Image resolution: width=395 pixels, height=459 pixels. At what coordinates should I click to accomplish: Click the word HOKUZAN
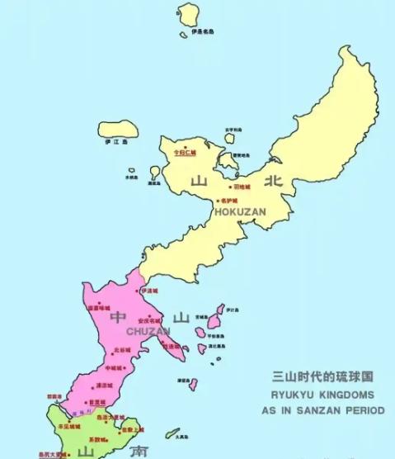(x=240, y=212)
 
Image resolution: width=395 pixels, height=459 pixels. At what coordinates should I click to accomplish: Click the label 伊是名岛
(x=202, y=32)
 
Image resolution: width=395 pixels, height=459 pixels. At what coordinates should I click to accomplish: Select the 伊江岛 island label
(x=113, y=141)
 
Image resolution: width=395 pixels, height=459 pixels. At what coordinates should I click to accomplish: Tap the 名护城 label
(x=228, y=201)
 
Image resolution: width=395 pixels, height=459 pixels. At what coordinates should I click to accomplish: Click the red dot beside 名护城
(x=218, y=201)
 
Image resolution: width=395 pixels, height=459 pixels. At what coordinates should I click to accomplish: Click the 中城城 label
(x=114, y=367)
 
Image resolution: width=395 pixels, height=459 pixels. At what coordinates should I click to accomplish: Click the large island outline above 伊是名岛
(x=190, y=14)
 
